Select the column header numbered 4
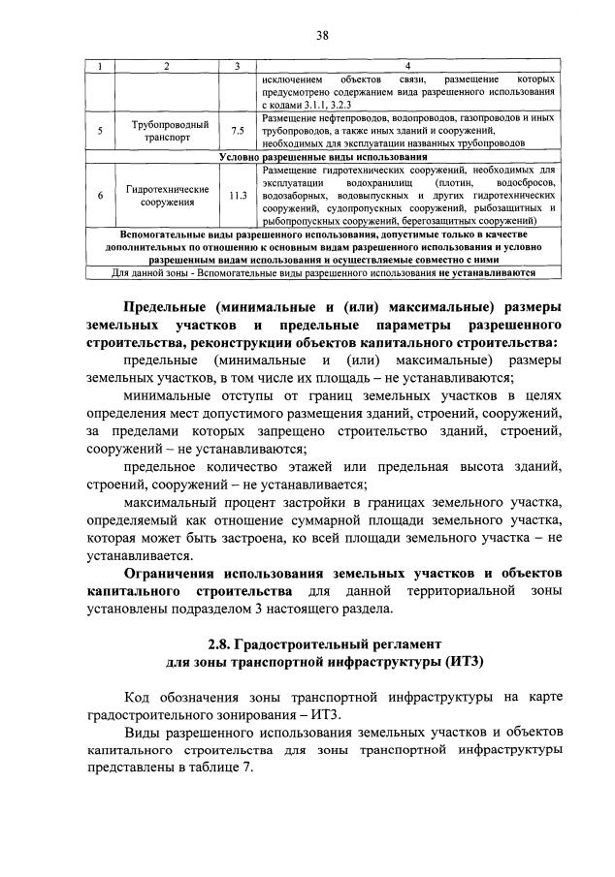406,65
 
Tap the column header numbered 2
168,65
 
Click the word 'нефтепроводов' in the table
345,117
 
